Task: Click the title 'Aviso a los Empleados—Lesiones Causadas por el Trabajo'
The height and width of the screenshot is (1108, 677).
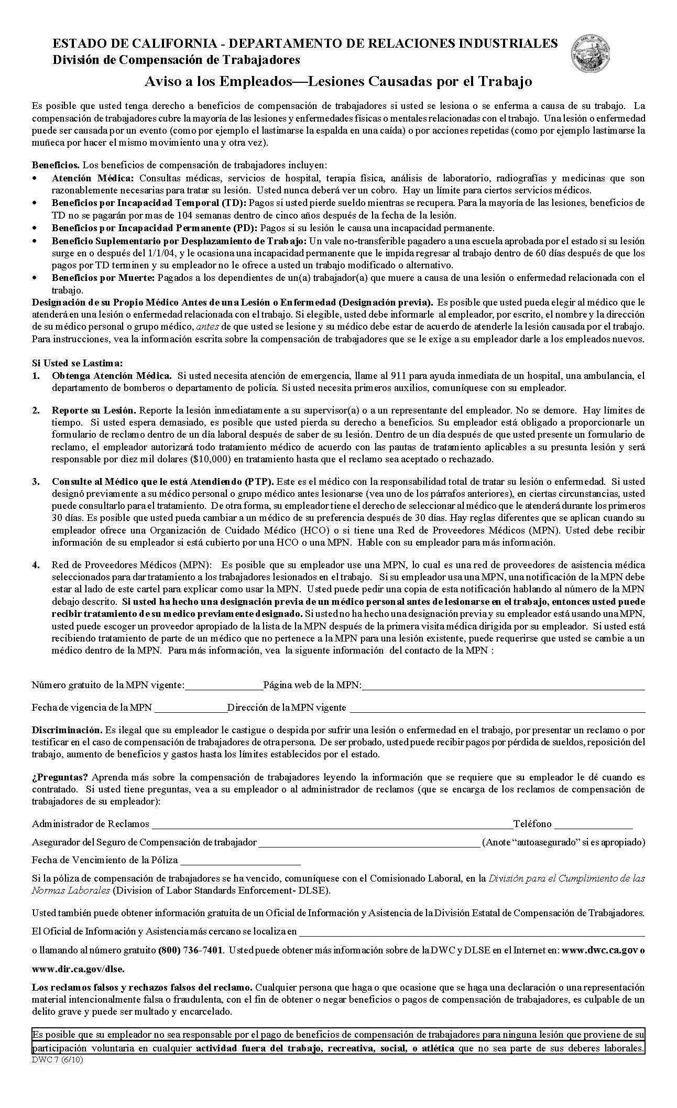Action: [339, 82]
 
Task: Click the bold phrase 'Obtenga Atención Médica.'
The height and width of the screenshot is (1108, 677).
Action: [112, 376]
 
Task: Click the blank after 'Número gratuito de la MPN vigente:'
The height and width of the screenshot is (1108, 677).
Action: [224, 685]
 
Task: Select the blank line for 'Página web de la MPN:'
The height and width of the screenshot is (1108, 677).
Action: [503, 685]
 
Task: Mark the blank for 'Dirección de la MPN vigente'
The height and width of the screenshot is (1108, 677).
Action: [497, 708]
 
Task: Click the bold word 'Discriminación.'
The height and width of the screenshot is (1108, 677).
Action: [67, 730]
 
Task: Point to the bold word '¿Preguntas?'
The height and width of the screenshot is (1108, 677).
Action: [60, 777]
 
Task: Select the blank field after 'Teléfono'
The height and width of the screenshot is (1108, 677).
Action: [593, 824]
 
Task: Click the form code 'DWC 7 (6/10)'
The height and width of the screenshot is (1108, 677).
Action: [57, 1057]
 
